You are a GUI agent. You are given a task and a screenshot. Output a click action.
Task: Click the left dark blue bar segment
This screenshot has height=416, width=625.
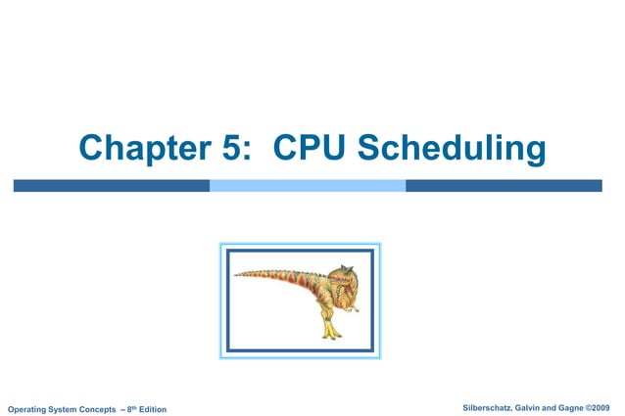click(111, 185)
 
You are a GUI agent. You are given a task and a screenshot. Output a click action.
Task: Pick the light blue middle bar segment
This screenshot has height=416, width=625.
click(308, 185)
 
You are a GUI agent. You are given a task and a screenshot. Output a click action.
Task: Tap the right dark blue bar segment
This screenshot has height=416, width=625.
click(504, 185)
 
